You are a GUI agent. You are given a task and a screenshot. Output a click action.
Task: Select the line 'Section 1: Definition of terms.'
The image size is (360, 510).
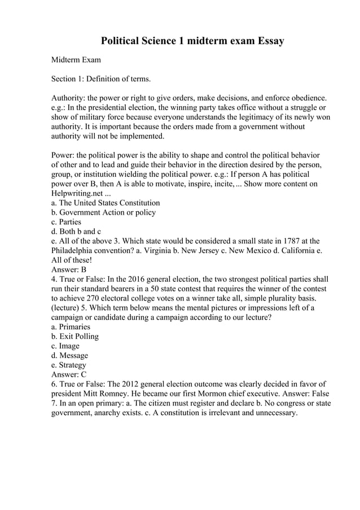coord(101,79)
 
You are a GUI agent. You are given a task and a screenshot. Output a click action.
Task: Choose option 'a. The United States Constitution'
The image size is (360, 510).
coord(106,203)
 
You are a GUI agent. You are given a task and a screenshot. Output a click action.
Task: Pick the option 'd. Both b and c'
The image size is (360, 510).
coord(76,232)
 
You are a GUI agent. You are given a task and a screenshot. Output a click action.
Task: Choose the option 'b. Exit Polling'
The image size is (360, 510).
coord(74,337)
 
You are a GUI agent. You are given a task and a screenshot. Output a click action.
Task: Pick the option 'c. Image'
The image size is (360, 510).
coord(65,346)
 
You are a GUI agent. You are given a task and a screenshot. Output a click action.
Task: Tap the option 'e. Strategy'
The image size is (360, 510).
coord(69,365)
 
